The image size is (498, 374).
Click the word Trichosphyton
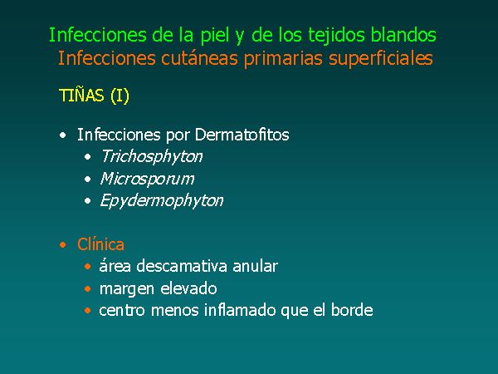click(152, 157)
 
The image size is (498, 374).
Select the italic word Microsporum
click(147, 179)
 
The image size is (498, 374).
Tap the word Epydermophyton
click(162, 201)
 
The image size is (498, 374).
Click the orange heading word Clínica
click(100, 244)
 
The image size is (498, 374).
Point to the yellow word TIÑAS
click(81, 95)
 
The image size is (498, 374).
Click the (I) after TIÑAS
click(120, 96)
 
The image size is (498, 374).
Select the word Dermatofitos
click(242, 135)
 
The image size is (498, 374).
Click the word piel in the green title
click(215, 36)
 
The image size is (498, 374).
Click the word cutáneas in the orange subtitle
click(199, 58)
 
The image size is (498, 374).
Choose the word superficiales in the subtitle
click(381, 59)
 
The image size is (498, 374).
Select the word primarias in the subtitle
click(283, 59)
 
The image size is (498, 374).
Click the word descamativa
click(182, 266)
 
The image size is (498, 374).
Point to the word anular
click(256, 266)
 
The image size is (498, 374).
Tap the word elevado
click(188, 288)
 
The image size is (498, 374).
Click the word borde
click(352, 310)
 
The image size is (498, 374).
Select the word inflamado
click(240, 310)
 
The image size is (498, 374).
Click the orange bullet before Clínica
click(63, 245)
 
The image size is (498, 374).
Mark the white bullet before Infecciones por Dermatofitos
click(63, 135)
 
